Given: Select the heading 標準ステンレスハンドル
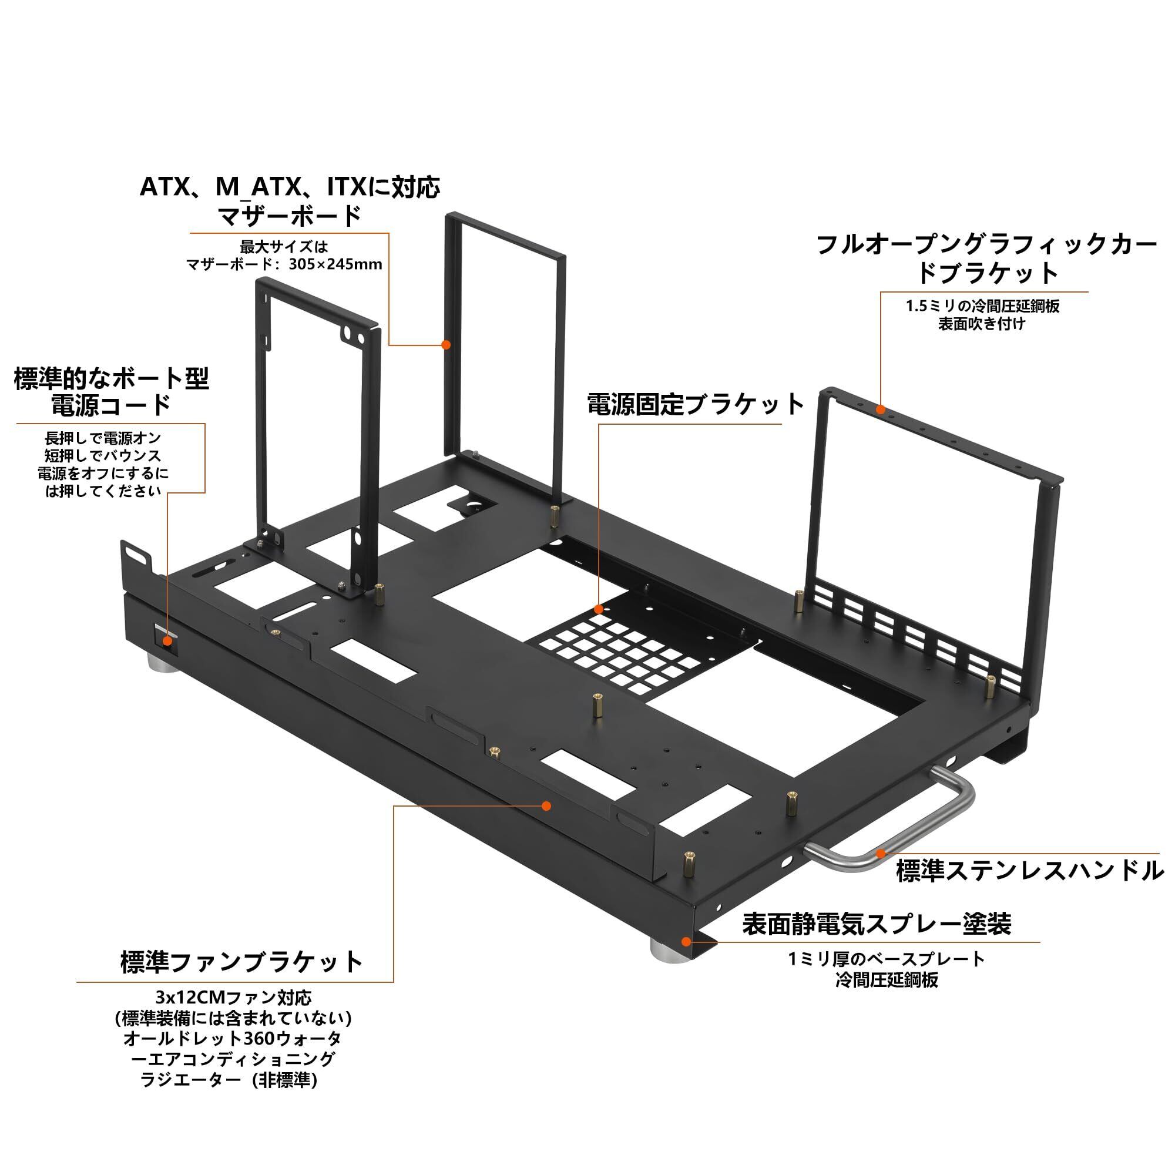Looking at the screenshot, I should tap(1030, 871).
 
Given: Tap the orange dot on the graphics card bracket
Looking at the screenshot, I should tap(880, 409).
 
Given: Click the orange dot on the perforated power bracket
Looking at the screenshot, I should tap(599, 609).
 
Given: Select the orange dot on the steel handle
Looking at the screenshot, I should tap(880, 852).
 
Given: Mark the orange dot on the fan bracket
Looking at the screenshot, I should tap(546, 806).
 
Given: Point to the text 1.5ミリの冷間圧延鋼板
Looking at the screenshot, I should tap(983, 306).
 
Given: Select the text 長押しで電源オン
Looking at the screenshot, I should tap(103, 438).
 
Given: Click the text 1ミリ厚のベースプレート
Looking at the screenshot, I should tap(886, 960).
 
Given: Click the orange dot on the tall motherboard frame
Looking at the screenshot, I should tap(446, 345).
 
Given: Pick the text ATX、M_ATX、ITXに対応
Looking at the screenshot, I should tap(290, 187).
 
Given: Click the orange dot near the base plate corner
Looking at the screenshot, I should tap(686, 941).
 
